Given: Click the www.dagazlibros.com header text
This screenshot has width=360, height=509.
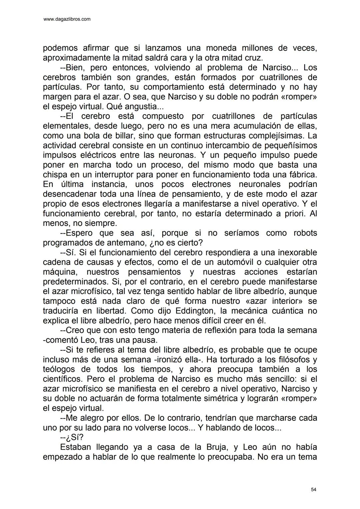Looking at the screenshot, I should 67,19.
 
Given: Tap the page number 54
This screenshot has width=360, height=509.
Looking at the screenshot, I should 313,489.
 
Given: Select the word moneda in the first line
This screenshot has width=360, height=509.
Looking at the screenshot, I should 220,48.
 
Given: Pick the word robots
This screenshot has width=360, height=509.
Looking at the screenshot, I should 305,233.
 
